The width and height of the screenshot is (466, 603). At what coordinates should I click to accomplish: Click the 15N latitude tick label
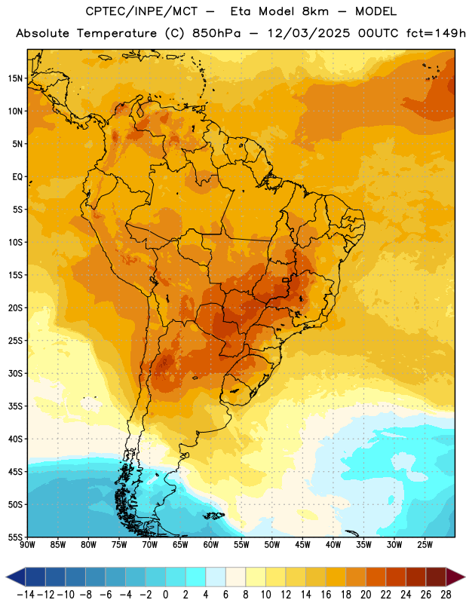pyautogui.click(x=15, y=78)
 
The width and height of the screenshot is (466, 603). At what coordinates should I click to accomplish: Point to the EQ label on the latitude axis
pyautogui.click(x=17, y=177)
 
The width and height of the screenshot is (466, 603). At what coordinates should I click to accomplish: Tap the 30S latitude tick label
pyautogui.click(x=15, y=373)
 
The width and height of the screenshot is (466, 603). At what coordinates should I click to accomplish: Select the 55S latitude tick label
pyautogui.click(x=15, y=537)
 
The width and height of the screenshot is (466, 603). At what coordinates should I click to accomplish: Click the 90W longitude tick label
pyautogui.click(x=27, y=545)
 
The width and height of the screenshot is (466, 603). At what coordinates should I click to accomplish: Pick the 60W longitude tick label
pyautogui.click(x=211, y=545)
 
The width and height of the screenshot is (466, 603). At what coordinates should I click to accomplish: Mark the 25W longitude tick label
pyautogui.click(x=425, y=545)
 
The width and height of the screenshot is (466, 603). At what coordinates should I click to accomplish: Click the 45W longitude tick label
pyautogui.click(x=302, y=545)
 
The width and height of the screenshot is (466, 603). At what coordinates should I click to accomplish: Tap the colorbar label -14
pyautogui.click(x=26, y=595)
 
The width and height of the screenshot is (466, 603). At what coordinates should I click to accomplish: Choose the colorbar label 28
pyautogui.click(x=446, y=595)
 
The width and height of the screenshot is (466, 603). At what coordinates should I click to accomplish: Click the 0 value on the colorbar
pyautogui.click(x=165, y=595)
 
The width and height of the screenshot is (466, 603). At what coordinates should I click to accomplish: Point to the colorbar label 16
pyautogui.click(x=326, y=595)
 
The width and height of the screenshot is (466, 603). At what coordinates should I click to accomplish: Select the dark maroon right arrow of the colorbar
pyautogui.click(x=455, y=577)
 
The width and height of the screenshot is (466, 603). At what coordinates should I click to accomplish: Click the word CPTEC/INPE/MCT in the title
pyautogui.click(x=142, y=11)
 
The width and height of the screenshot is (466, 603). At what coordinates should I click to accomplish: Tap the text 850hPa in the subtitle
pyautogui.click(x=216, y=33)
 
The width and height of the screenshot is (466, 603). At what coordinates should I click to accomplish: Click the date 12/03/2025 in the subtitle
pyautogui.click(x=308, y=33)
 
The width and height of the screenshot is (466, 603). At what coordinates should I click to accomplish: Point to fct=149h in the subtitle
pyautogui.click(x=436, y=33)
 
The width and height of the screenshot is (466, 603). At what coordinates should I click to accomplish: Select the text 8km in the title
pyautogui.click(x=315, y=11)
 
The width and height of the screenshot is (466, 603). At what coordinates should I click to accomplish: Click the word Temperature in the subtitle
pyautogui.click(x=117, y=34)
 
